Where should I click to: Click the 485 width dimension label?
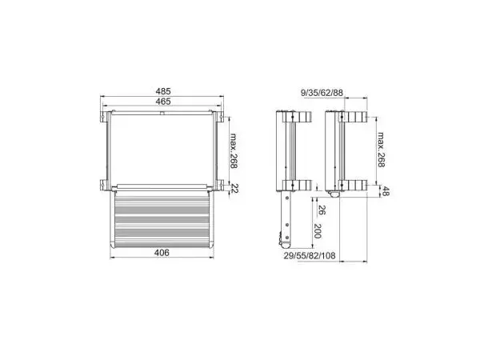pyautogui.click(x=163, y=91)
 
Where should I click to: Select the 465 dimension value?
pyautogui.click(x=163, y=102)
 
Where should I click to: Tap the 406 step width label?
pyautogui.click(x=162, y=253)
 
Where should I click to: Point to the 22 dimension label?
pyautogui.click(x=234, y=188)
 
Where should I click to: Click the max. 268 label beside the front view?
pyautogui.click(x=234, y=151)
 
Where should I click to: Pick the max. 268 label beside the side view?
pyautogui.click(x=382, y=150)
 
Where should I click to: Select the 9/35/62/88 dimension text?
pyautogui.click(x=322, y=93)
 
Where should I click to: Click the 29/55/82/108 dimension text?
pyautogui.click(x=310, y=256)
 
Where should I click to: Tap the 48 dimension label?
pyautogui.click(x=386, y=191)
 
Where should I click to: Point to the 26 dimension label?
pyautogui.click(x=322, y=210)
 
